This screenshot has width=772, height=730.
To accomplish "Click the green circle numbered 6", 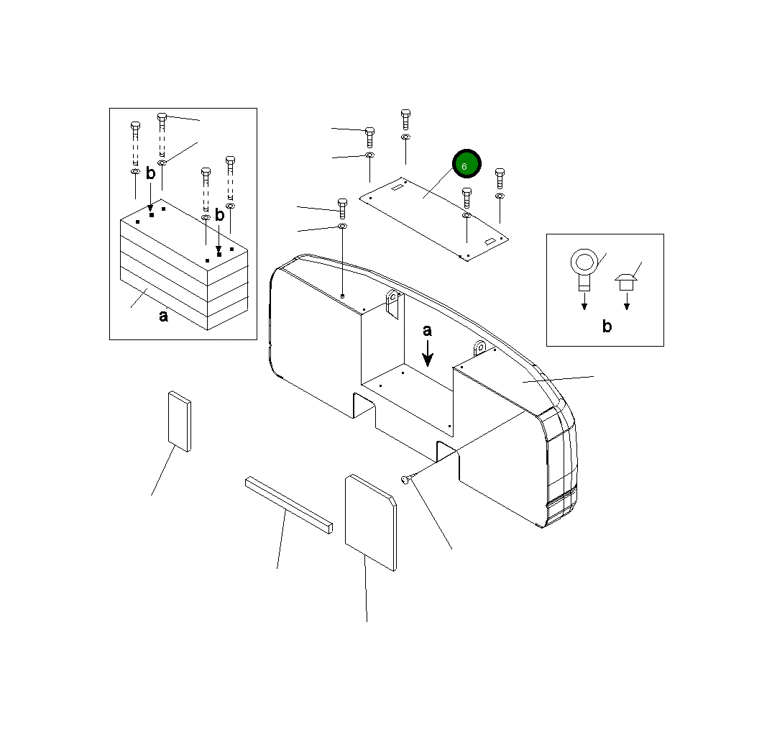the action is [467, 163].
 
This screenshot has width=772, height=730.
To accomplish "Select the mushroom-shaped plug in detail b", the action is [626, 282].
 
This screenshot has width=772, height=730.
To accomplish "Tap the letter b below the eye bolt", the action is [607, 326].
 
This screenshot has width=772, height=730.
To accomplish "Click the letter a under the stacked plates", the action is [163, 316].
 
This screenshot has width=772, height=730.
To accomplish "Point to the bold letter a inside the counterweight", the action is [428, 331].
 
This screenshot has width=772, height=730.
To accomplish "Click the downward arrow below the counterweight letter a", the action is [428, 354].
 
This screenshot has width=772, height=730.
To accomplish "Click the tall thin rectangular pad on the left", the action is [179, 421].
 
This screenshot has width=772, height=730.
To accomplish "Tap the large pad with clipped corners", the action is [371, 523].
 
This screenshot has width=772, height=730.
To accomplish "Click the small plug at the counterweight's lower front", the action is [405, 479].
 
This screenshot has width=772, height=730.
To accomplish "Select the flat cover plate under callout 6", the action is [433, 219].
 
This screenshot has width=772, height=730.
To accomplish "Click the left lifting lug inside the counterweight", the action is [392, 304].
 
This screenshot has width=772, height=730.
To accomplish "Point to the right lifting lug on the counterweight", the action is [479, 349].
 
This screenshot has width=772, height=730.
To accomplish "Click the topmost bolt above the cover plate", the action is [405, 119].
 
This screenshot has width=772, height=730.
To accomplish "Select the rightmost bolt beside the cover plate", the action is [500, 178].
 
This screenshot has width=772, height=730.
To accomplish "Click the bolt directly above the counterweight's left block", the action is [342, 209].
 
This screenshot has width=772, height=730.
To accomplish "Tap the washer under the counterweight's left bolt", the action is [342, 226].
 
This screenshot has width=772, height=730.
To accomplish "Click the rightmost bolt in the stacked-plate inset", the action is [231, 180].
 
